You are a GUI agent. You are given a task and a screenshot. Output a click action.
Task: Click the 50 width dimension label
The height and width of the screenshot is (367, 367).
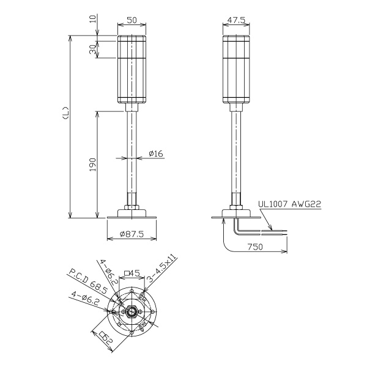pyautogui.click(x=132, y=20)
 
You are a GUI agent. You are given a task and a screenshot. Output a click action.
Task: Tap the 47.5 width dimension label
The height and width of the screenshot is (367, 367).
pyautogui.click(x=236, y=20)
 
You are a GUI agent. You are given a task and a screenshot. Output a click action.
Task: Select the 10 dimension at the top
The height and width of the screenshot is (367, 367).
pyautogui.click(x=93, y=18)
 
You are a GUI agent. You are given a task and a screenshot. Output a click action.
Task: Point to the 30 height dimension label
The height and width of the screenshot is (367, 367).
pyautogui.click(x=93, y=50)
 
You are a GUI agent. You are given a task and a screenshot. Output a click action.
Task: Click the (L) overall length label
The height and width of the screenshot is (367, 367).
pyautogui.click(x=66, y=113)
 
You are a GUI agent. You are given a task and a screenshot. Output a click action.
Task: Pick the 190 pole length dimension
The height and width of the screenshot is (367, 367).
pyautogui.click(x=93, y=165)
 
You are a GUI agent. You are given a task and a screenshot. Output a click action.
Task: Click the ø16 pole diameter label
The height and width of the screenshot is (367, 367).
pyautogui.click(x=156, y=154)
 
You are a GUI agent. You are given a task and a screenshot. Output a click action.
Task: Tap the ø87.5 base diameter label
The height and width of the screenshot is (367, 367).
pyautogui.click(x=132, y=234)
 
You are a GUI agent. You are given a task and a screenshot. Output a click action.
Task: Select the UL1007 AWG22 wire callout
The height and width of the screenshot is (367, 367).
pyautogui.click(x=289, y=204)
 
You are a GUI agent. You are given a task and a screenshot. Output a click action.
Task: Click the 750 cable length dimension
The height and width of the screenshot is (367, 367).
pyautogui.click(x=255, y=247)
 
